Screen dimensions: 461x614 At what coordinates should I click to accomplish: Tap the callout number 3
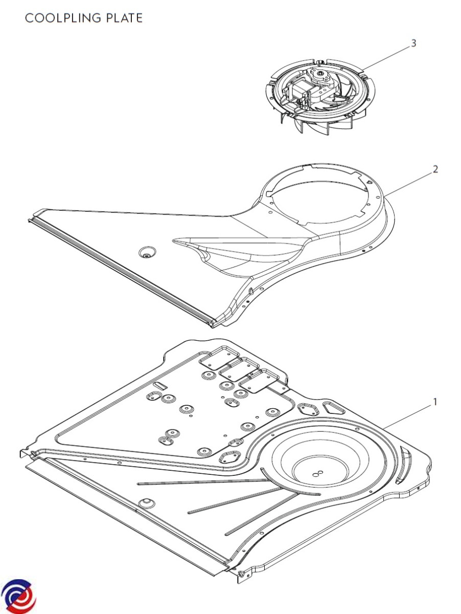tap(413, 43)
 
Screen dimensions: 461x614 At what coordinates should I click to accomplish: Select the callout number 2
tap(435, 169)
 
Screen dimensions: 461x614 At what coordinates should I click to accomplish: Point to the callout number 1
tap(435, 402)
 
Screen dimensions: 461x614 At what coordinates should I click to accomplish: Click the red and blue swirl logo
tap(18, 595)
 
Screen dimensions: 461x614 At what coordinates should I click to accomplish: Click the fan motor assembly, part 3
tap(320, 97)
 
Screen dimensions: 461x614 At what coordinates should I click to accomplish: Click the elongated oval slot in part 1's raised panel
tap(159, 385)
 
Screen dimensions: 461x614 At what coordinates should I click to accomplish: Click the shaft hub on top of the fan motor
tap(321, 74)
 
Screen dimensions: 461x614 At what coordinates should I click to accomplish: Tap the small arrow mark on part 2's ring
tap(368, 182)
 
